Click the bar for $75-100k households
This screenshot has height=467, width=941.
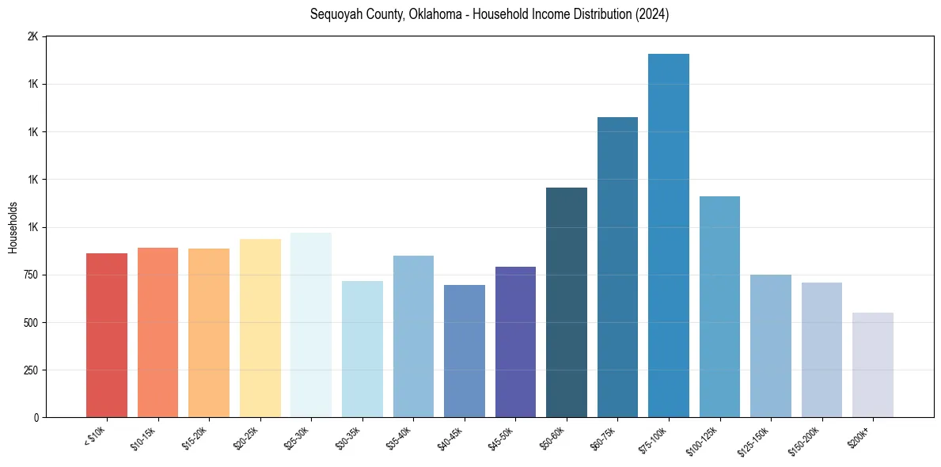click(x=669, y=235)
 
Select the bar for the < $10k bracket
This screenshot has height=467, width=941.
click(x=107, y=335)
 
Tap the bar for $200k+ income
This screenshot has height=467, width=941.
click(x=873, y=365)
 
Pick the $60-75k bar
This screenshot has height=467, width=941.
click(x=617, y=267)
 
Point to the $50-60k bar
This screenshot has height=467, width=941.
click(x=567, y=302)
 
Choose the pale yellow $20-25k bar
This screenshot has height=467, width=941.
click(x=260, y=328)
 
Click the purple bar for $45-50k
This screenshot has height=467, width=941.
click(x=515, y=342)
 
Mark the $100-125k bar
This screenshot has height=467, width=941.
click(x=719, y=306)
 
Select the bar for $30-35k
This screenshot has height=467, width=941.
click(x=362, y=349)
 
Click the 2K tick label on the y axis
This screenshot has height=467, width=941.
click(x=32, y=37)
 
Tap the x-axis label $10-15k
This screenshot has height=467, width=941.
click(x=143, y=436)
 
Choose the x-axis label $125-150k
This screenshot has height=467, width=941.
click(x=753, y=439)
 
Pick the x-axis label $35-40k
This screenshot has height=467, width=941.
click(x=399, y=436)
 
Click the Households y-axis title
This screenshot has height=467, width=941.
click(x=13, y=227)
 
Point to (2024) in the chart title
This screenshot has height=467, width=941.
click(x=651, y=14)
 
